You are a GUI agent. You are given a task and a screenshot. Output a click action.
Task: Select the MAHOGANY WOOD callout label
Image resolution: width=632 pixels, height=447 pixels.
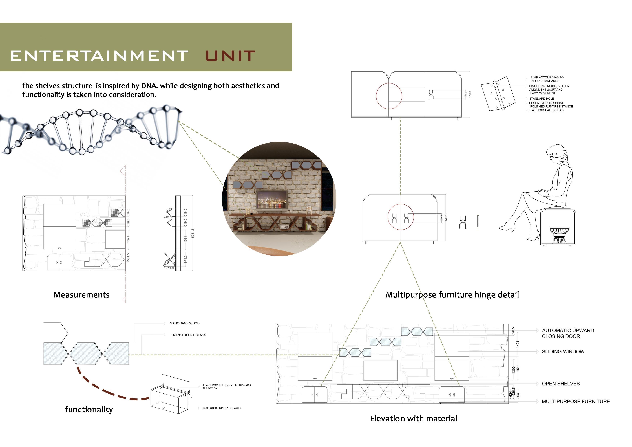184,323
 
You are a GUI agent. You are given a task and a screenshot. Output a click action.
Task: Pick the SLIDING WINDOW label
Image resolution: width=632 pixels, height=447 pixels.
563,352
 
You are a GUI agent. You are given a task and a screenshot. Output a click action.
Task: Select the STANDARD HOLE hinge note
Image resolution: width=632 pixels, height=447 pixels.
541,99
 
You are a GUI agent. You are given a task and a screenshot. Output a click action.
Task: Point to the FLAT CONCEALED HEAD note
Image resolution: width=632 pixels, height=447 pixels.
546,110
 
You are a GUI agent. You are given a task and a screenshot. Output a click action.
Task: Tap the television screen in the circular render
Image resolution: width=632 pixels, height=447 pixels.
271,200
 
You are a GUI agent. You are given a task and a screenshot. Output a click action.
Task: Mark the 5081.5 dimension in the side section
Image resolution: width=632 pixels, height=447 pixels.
193,233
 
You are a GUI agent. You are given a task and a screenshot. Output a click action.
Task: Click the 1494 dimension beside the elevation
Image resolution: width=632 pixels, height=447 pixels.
518,344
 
